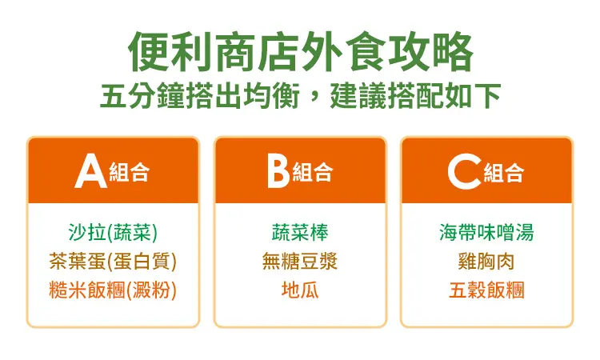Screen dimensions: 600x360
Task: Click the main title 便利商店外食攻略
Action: [300, 52]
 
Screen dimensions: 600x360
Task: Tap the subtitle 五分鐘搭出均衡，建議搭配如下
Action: [300, 95]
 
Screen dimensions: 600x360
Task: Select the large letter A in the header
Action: [90, 171]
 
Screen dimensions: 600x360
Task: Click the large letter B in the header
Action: [278, 171]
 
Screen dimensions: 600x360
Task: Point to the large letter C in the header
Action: [465, 171]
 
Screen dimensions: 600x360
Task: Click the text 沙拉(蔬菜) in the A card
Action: [113, 232]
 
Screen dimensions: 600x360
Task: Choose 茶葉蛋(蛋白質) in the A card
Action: [113, 261]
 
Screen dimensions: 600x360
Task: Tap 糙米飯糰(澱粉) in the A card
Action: [113, 290]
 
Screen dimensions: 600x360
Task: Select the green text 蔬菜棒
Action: [300, 232]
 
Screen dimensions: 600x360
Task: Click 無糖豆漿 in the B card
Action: [300, 261]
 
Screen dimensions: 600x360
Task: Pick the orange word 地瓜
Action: [300, 290]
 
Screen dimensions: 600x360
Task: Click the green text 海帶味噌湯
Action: [486, 232]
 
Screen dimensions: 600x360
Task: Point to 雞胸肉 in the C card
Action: [486, 261]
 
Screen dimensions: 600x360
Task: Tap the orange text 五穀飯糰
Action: [486, 290]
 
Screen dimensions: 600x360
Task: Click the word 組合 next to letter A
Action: [130, 172]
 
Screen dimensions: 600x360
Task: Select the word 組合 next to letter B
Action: [313, 172]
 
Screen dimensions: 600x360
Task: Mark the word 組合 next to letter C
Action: [503, 172]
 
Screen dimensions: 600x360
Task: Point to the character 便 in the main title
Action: [149, 52]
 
